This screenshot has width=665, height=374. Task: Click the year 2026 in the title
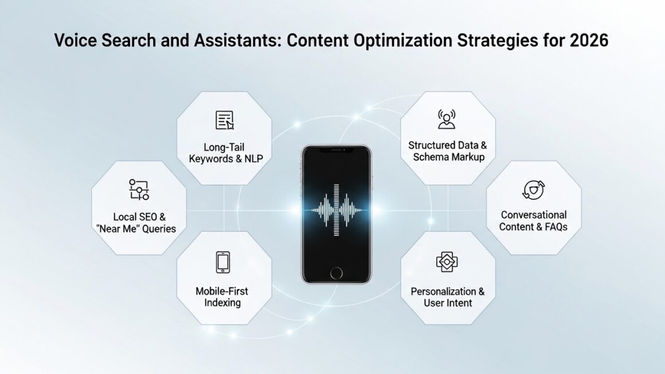(x=589, y=41)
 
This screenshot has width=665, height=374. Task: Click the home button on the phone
(x=337, y=273)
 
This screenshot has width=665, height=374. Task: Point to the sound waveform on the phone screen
(x=337, y=210)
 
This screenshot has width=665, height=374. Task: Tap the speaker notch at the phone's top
(x=337, y=149)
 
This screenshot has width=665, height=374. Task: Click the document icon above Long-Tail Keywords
(x=224, y=120)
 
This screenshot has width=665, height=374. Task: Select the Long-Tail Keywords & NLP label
(x=226, y=153)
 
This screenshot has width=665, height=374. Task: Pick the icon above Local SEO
(x=139, y=190)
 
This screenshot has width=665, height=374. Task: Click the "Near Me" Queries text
(x=136, y=229)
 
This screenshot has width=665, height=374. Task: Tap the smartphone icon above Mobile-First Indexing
(x=222, y=262)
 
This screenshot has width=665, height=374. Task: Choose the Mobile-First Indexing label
(x=222, y=297)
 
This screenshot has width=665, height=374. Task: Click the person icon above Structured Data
(x=447, y=119)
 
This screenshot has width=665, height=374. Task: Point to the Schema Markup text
(x=449, y=157)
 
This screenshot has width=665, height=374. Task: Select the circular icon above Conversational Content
(x=533, y=190)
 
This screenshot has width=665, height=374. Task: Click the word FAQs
(x=556, y=227)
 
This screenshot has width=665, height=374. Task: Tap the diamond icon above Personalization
(x=447, y=262)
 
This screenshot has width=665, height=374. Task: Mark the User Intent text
(x=448, y=303)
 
